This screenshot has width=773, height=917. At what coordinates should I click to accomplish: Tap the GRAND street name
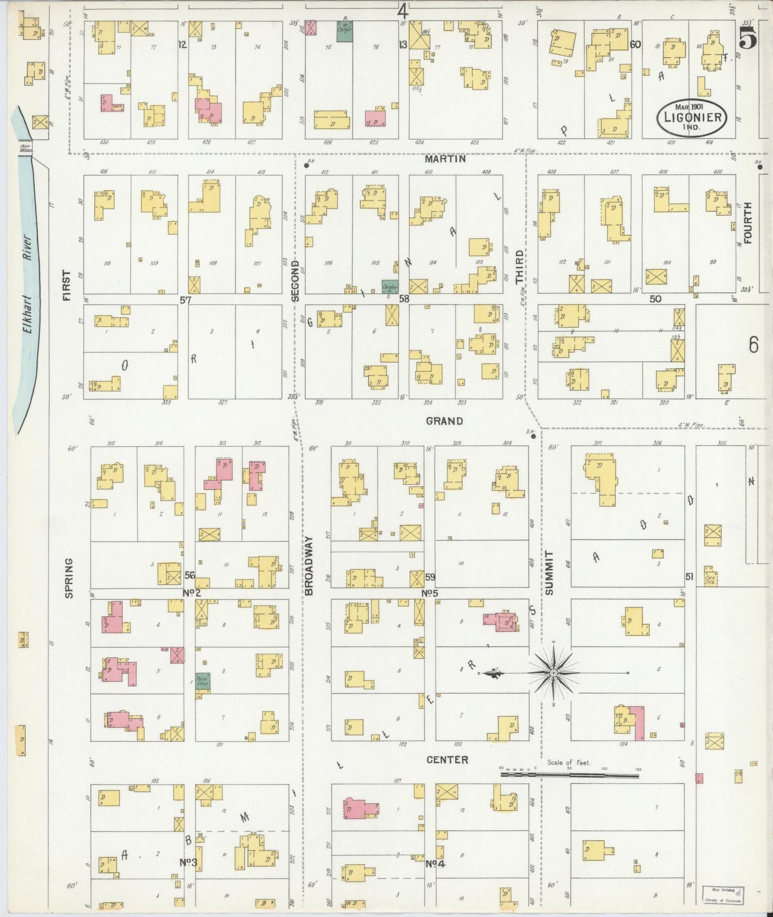point(445,421)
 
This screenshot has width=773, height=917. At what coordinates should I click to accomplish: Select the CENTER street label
point(447,760)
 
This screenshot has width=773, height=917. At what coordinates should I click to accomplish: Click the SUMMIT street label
point(549,572)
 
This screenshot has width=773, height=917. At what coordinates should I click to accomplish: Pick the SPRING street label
point(68,578)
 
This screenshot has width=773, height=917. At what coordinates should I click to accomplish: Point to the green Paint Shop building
point(203,681)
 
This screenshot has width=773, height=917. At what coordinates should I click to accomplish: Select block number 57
point(185,300)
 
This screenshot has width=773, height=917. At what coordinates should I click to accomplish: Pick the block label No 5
point(430,593)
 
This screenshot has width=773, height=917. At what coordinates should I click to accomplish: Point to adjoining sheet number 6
point(753,346)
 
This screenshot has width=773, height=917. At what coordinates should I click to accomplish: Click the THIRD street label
point(519,266)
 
